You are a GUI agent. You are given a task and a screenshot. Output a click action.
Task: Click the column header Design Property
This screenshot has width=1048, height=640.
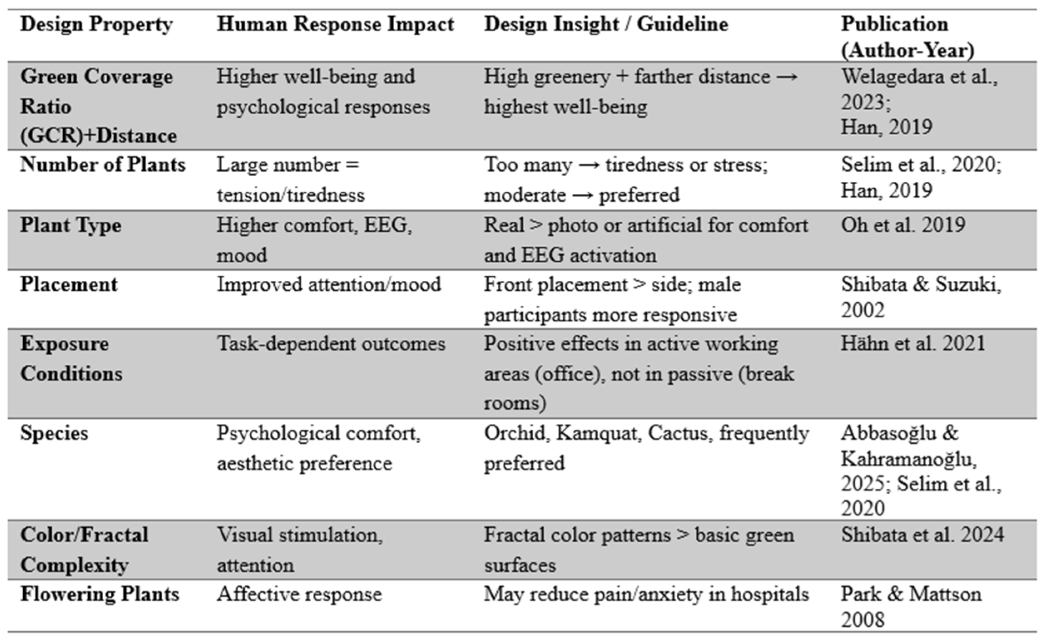coord(96,25)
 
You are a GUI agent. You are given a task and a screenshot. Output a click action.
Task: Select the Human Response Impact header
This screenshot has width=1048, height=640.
coord(335,25)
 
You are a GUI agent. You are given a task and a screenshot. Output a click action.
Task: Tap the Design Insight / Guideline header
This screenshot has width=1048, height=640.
coord(606,25)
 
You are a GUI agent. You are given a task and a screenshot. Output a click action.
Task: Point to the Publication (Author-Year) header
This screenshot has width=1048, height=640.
coord(907,37)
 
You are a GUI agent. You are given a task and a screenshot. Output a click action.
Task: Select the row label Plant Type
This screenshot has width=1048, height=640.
coord(71,225)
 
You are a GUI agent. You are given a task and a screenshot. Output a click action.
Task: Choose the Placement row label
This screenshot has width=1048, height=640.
coord(69,285)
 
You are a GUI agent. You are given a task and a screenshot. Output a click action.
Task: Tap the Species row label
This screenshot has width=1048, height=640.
coord(54,433)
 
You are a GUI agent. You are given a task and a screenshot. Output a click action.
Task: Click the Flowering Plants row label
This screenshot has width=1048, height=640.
coord(99,594)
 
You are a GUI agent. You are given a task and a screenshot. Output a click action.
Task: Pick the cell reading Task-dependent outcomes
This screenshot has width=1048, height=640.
coord(331,344)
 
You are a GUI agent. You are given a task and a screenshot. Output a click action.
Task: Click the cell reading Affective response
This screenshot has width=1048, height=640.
coord(299,594)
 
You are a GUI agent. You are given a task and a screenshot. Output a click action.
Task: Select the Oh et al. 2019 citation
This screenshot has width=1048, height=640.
coord(903,225)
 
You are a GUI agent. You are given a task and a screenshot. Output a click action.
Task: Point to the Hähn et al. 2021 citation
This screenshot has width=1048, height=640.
coord(913,344)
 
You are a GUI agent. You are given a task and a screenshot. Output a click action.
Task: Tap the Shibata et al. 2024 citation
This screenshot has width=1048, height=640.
coord(922,535)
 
